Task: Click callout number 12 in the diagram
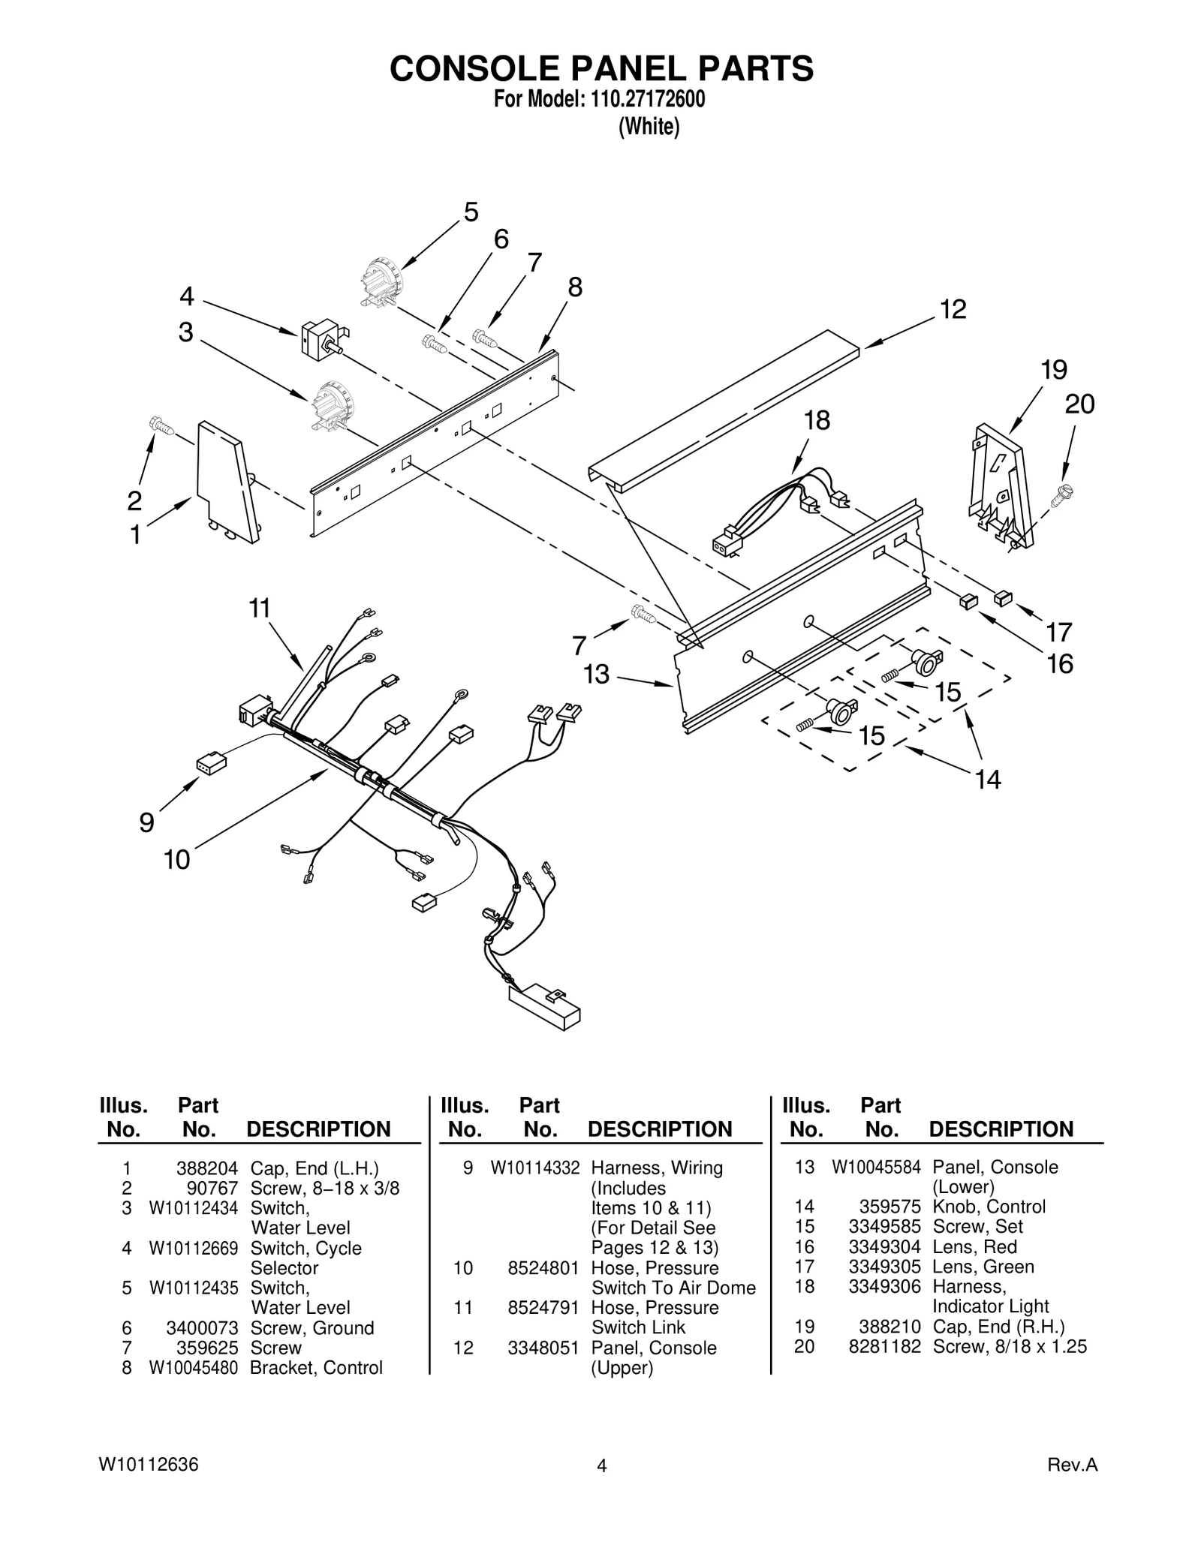[x=953, y=310]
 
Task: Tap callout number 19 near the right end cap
[x=1054, y=370]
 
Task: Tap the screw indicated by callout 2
[x=161, y=426]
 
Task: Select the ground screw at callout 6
[x=435, y=344]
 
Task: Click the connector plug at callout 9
[x=211, y=764]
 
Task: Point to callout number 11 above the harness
[x=260, y=608]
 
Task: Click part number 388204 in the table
[x=206, y=1168]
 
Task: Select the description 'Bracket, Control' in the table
[x=316, y=1368]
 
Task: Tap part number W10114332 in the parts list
[x=534, y=1168]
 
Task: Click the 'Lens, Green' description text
[x=983, y=1267]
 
